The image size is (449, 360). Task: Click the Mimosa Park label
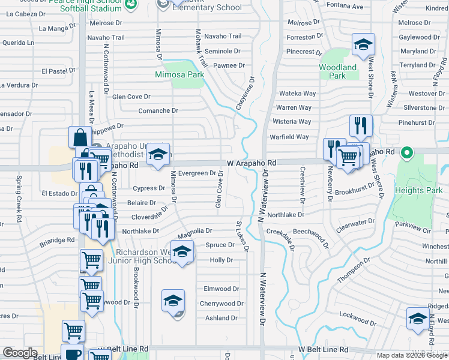(x=179, y=75)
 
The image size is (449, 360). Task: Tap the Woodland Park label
(x=337, y=71)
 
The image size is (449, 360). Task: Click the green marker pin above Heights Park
(x=406, y=152)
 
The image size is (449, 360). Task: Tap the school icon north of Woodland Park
(x=363, y=45)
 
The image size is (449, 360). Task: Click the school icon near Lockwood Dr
(x=418, y=319)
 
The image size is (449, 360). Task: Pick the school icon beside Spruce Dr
(x=182, y=253)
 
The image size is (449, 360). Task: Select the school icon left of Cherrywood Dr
(x=173, y=301)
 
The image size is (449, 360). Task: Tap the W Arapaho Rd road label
(x=252, y=163)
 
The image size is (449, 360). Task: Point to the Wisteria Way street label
(x=293, y=122)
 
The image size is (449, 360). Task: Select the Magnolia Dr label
(x=196, y=230)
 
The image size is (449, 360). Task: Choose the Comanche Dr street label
(x=158, y=110)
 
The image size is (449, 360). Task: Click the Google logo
(x=20, y=353)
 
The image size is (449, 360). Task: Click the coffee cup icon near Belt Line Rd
(x=72, y=354)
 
